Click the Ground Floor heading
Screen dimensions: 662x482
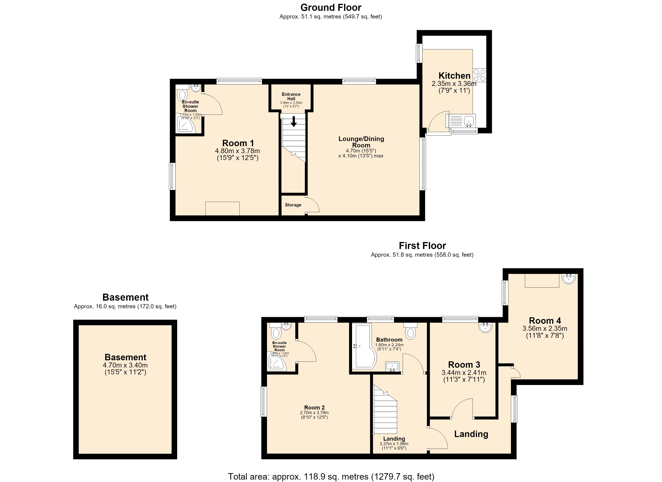point(331,7)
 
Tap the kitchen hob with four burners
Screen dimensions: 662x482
point(480,75)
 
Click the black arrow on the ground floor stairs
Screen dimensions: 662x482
point(294,121)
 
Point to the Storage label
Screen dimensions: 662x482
point(293,205)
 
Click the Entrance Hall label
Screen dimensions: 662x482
point(291,96)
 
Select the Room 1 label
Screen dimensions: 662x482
point(238,143)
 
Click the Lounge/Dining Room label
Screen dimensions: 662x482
point(361,142)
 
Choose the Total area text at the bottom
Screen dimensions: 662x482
point(331,476)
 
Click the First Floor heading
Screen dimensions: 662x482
point(422,246)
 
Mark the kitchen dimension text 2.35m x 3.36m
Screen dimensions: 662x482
point(454,84)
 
